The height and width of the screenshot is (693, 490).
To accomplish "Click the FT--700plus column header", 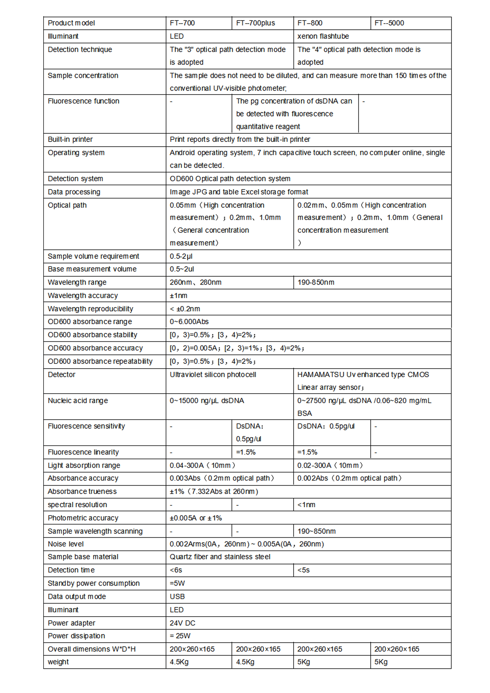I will pos(255,23).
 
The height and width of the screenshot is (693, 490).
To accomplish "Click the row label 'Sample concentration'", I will pos(83,76).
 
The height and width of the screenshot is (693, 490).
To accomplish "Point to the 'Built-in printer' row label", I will pos(70,139).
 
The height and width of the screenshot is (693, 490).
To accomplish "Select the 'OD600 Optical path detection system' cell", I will pos(230,179).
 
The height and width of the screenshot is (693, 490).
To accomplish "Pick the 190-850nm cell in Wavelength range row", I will pos(316,282).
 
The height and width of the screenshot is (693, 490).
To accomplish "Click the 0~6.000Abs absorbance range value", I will pos(189,322).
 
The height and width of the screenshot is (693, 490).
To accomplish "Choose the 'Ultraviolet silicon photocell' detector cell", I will pos(213,375).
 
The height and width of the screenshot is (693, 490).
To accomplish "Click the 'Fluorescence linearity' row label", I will pos(83,452).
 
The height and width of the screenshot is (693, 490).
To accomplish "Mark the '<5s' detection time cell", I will pos(303,570).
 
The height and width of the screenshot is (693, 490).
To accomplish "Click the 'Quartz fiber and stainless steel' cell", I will pos(220,557).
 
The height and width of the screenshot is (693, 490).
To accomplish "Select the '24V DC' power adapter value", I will pos(182,623).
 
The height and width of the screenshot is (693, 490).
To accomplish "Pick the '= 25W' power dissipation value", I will pos(180,636).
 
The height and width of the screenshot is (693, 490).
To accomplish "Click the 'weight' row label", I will pos(58,662).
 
